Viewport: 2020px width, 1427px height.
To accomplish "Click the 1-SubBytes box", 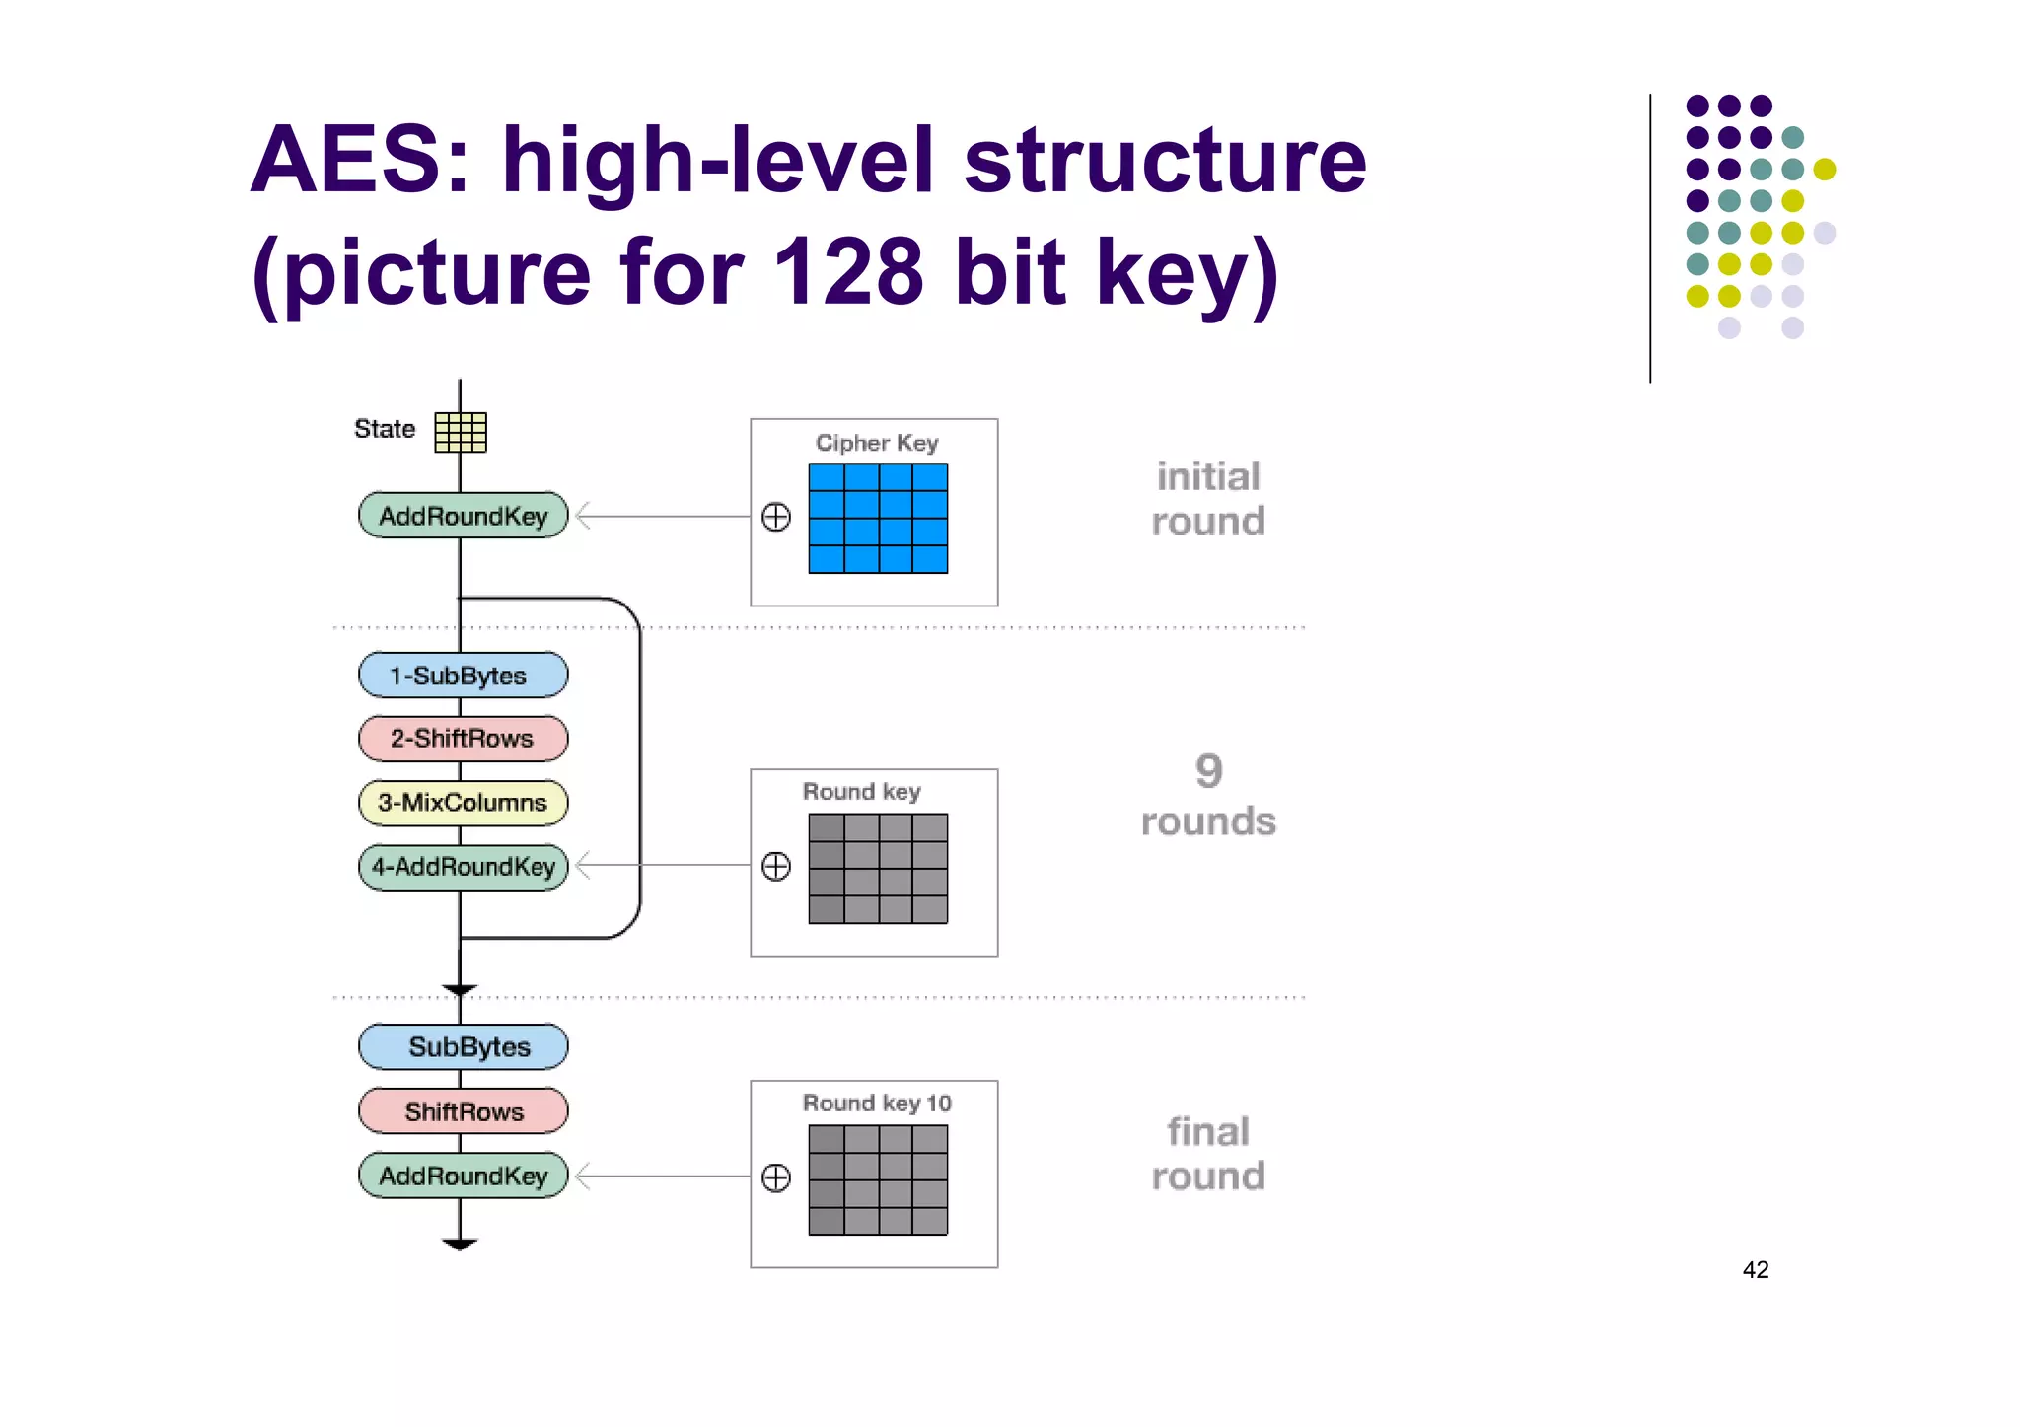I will point(463,676).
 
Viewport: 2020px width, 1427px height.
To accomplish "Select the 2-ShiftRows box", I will point(463,739).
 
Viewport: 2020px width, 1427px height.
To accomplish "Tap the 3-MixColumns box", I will point(463,803).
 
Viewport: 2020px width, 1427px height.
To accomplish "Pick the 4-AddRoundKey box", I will point(463,867).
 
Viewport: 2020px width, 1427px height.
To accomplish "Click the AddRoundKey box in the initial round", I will point(463,516).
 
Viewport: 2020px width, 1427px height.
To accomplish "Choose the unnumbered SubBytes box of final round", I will point(463,1047).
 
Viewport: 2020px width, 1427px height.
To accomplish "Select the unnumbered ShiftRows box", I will point(463,1111).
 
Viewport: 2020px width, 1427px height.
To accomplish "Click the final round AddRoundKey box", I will point(463,1176).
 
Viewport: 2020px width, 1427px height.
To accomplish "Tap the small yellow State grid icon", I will point(461,432).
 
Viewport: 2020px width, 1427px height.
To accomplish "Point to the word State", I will point(385,429).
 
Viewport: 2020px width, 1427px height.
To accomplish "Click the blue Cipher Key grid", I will point(878,518).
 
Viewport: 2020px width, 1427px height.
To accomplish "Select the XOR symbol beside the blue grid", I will point(776,517).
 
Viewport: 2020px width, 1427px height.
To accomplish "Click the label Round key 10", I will point(877,1103).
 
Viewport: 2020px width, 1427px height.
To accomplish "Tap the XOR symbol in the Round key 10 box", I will point(776,1177).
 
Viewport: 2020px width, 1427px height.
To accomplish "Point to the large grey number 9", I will point(1208,771).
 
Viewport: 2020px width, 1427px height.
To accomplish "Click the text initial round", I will point(1208,499).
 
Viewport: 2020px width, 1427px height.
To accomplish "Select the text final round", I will point(1208,1154).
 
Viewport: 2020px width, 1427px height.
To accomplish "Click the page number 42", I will point(1755,1270).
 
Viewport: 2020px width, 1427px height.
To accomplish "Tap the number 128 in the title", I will point(847,272).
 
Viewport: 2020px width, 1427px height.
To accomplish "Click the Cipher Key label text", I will point(877,443).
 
